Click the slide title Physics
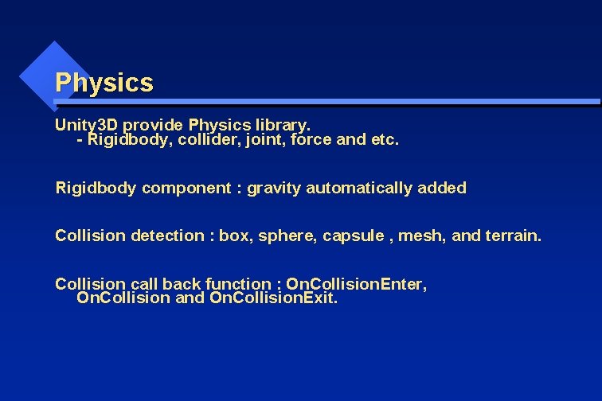104,83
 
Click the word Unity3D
86,125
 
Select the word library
283,125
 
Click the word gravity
274,189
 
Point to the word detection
167,236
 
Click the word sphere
284,236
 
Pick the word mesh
420,236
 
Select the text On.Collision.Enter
356,284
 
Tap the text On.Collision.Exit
273,299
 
